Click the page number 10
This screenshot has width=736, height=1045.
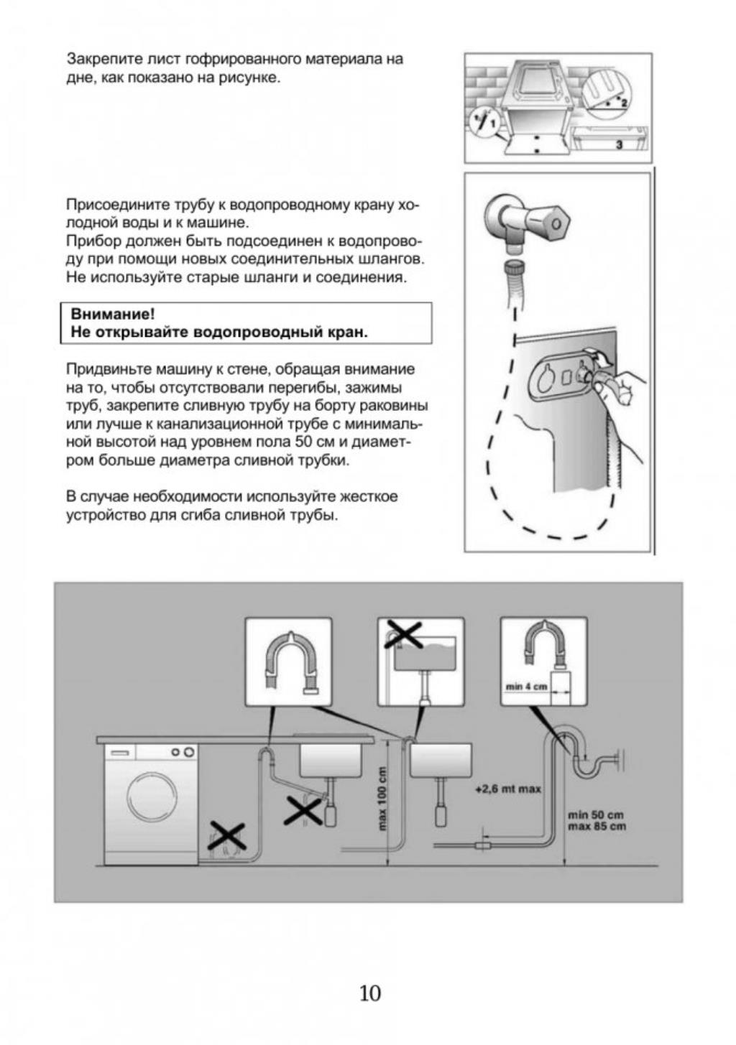point(369,993)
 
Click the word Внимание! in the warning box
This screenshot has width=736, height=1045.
point(113,315)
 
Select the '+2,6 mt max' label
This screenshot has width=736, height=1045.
point(508,789)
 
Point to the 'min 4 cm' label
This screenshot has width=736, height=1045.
point(526,687)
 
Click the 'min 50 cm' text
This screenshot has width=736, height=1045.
point(596,814)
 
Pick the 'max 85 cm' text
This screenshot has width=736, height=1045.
point(597,826)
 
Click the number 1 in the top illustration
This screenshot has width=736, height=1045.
point(493,125)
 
